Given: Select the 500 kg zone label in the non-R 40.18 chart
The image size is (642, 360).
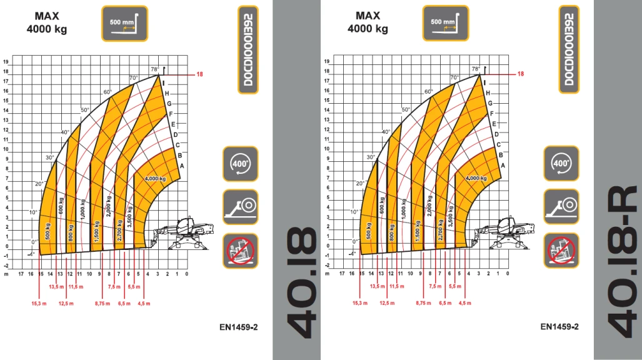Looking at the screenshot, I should point(48,231).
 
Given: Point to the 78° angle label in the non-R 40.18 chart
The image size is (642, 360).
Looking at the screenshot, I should point(154,69).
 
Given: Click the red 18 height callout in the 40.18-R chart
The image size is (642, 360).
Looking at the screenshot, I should point(521,74).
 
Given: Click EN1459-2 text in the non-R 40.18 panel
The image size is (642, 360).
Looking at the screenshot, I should point(239,326).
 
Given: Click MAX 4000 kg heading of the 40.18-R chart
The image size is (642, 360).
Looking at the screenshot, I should point(368,22).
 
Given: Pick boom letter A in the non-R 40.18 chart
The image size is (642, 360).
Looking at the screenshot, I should point(181,166).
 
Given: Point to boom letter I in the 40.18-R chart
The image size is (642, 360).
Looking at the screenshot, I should point(484,82).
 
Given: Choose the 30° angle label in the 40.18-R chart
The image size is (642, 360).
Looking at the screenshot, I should point(371,157).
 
